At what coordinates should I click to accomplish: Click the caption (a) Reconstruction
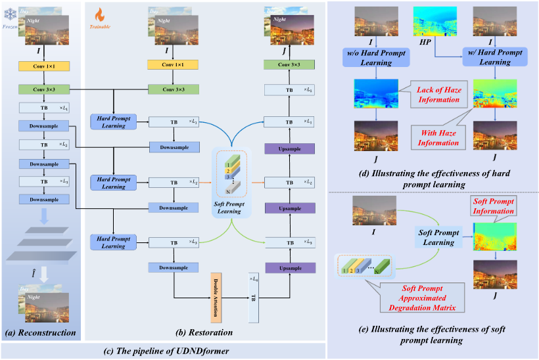(40, 333)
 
